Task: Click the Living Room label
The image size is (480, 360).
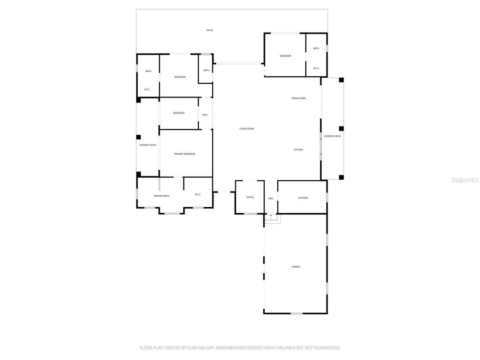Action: tap(247, 129)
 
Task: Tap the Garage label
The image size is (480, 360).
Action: tap(296, 267)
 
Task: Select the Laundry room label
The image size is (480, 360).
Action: tap(303, 198)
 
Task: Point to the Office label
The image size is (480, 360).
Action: tap(250, 197)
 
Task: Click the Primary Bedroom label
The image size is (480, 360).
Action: tap(184, 154)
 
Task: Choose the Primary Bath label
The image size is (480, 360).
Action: tap(161, 196)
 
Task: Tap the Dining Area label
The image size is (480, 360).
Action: tap(298, 98)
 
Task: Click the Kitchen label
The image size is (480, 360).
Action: tap(298, 150)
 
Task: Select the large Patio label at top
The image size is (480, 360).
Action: tap(210, 30)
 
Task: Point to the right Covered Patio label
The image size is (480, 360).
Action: tap(332, 136)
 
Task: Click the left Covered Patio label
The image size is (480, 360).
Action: tap(148, 145)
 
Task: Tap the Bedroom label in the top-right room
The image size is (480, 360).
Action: tap(285, 56)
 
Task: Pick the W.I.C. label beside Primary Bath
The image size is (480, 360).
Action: tap(198, 194)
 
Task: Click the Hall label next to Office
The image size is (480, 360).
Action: tap(271, 198)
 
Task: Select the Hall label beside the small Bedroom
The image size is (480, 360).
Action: tap(205, 115)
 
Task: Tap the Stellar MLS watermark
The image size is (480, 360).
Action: tap(465, 180)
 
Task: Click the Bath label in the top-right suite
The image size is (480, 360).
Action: tap(316, 48)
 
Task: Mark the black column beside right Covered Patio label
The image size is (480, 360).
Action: tap(341, 129)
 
